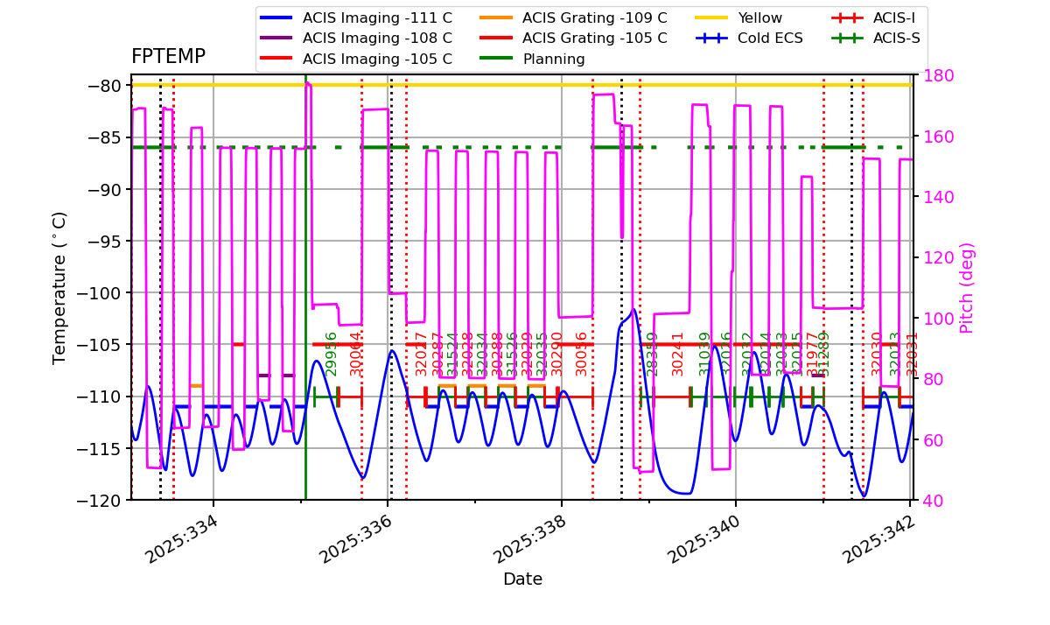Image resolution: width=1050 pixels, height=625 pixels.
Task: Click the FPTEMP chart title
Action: (x=168, y=57)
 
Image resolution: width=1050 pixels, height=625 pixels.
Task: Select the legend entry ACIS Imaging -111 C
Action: (x=377, y=18)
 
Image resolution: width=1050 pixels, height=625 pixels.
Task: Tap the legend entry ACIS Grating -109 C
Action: (x=594, y=18)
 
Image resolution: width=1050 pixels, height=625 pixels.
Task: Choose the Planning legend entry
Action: (x=553, y=59)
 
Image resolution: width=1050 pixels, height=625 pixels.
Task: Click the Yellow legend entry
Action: (x=759, y=18)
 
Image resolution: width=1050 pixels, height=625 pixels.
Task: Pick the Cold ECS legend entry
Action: (x=770, y=39)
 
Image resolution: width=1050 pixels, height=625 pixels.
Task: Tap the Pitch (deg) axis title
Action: (x=967, y=287)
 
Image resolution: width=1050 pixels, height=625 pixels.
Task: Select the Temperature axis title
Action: (x=59, y=287)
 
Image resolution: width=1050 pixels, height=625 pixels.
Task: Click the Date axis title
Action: (x=522, y=579)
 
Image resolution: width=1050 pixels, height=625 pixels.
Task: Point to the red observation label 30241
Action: (x=677, y=354)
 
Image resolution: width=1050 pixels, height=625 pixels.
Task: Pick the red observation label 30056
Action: (x=582, y=354)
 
